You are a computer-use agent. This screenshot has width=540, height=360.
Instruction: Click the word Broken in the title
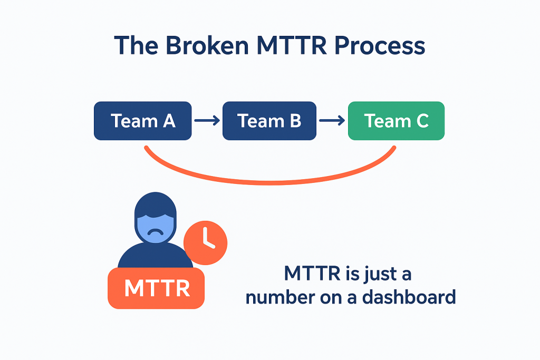coord(207,45)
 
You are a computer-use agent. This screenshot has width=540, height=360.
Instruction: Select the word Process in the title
coord(380,45)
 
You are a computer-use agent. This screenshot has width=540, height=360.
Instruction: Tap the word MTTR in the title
coord(291,45)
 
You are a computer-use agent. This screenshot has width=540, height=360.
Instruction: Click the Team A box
coord(142,121)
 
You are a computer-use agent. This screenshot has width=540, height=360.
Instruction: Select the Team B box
coord(269,121)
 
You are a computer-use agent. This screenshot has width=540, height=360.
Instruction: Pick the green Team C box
coord(396,121)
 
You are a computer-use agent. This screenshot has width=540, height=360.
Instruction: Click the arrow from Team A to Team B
coord(207,121)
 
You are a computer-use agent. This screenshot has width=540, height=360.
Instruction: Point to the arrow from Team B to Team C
coord(332,121)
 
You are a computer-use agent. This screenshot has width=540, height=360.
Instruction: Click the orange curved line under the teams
coord(270,182)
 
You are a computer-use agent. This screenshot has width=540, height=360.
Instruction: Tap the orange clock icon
coord(206,243)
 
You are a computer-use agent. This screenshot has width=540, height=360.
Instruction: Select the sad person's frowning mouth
coord(156,232)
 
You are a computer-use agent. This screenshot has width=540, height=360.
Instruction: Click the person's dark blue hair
coord(156,205)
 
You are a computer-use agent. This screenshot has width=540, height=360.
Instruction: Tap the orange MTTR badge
coord(156,288)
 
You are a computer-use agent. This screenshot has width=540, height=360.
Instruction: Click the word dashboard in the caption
coord(409,297)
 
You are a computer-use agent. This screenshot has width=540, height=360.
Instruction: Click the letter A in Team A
coord(169,121)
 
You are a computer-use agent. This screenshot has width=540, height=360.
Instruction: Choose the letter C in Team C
coord(422,121)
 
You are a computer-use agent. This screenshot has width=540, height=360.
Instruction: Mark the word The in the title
coord(136,45)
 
